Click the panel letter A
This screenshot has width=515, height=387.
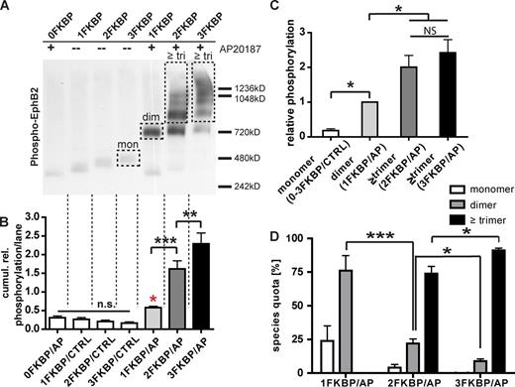click(x=8, y=8)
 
